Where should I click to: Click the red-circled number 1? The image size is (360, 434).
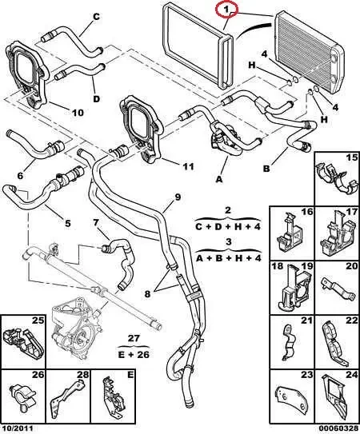click(x=226, y=10)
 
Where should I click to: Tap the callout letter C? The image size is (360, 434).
click(x=96, y=17)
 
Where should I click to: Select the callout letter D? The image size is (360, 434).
click(x=97, y=99)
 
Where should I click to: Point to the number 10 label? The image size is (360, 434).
click(x=78, y=113)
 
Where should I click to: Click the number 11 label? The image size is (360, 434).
click(x=188, y=166)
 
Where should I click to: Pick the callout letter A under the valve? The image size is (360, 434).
click(x=219, y=179)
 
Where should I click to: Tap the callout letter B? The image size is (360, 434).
click(x=266, y=169)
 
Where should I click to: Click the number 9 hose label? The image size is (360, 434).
click(x=178, y=197)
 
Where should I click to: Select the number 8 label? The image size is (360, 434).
click(x=147, y=293)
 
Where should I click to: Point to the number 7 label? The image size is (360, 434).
click(x=96, y=222)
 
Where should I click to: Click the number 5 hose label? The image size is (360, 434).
click(x=68, y=223)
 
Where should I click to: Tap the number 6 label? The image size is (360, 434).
click(x=20, y=176)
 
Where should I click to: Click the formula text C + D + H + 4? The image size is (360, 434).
click(x=228, y=227)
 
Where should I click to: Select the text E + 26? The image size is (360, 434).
click(x=134, y=355)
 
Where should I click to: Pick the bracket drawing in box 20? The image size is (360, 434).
click(x=338, y=289)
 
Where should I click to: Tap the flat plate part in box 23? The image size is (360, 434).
click(x=291, y=398)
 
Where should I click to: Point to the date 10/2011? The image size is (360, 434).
click(x=17, y=428)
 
